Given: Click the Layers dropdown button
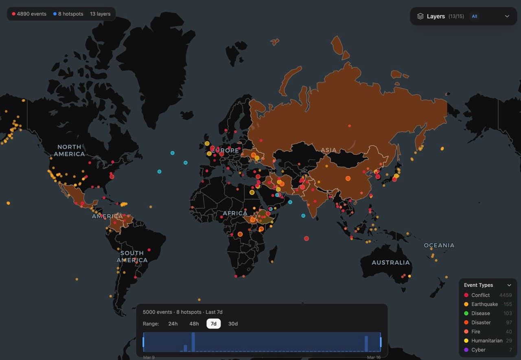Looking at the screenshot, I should coord(463,16).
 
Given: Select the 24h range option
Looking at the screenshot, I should coord(173,324).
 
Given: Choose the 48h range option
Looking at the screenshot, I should coord(194,324).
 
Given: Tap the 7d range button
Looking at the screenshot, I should coord(213,324).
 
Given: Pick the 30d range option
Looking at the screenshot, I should coord(233,324).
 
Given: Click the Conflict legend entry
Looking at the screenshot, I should coord(480,295).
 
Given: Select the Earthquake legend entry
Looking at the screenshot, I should coord(484,304).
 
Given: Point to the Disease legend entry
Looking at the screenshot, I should coord(480,313).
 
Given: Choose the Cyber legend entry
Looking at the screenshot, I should coord(478,350).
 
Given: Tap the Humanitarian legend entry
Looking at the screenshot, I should coord(487,340).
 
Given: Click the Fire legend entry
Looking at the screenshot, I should coord(475,331).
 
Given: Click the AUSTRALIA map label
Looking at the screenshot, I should coord(390,263).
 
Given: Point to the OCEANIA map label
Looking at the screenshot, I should coord(439,245).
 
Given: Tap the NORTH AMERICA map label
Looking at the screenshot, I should coord(69,150).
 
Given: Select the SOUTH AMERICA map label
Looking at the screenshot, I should coord(132,257).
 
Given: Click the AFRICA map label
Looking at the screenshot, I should coord(235,213).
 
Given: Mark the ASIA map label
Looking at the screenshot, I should coord(328,150).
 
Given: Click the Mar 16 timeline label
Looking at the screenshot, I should coord(373,357).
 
